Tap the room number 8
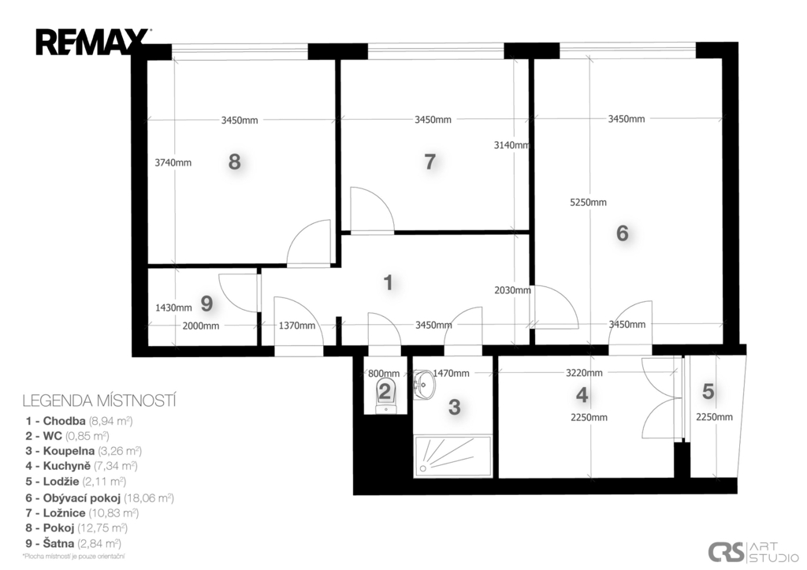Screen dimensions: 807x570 coord(234,162)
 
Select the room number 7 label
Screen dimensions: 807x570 coord(430,162)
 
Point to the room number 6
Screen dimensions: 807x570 coord(623,233)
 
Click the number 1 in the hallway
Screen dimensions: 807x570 coord(389,283)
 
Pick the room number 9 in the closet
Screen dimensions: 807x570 coord(206,304)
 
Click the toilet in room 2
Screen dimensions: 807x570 coord(385,396)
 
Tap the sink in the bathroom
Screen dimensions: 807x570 coord(423,384)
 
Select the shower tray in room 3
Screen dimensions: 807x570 coord(453,456)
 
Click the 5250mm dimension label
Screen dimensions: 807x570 coord(588,203)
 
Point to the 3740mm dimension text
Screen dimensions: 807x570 coord(173,162)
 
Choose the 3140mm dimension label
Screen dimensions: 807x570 coord(511,145)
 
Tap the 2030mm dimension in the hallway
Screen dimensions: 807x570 coord(512,290)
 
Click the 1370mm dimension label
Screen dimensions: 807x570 coord(297,326)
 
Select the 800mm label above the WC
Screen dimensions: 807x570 coord(384,374)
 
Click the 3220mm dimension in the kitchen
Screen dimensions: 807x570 coord(584,373)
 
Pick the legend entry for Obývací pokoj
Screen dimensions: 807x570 coord(100,498)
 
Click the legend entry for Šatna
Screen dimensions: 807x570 coord(73,543)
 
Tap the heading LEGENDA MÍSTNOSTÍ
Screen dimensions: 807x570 coord(99,400)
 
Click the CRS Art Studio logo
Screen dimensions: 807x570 coord(753,552)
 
